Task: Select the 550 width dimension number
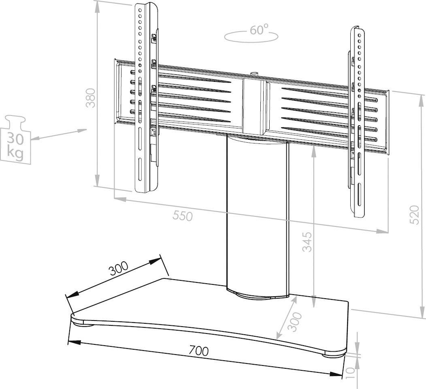point(183,216)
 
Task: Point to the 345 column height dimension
point(308,242)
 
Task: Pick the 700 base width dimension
point(198,351)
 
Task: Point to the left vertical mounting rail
point(145,97)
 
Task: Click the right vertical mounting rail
point(358,122)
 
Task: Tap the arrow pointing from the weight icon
point(59,134)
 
